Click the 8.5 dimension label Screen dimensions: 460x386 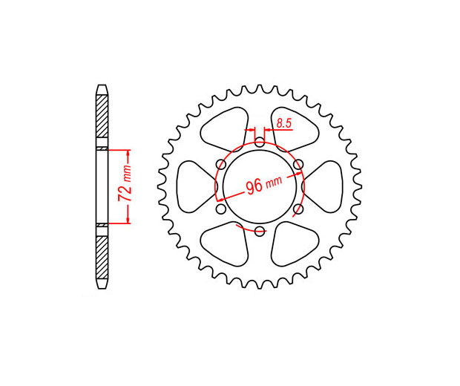284,123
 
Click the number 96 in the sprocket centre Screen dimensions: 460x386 254,187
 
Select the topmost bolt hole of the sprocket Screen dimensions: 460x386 260,143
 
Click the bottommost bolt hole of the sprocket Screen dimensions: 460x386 260,231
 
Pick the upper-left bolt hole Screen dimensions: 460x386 221,164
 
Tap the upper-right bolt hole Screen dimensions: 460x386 298,164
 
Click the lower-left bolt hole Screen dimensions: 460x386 221,209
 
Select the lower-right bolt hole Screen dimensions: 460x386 298,209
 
